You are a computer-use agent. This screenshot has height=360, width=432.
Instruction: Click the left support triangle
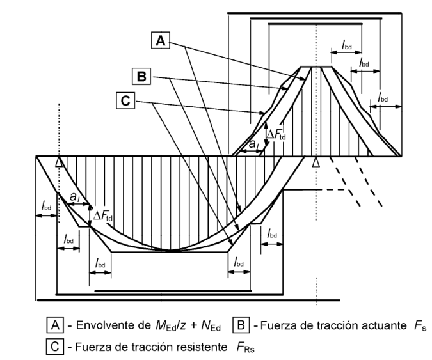tap(58, 162)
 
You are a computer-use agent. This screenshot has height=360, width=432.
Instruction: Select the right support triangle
tap(314, 162)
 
